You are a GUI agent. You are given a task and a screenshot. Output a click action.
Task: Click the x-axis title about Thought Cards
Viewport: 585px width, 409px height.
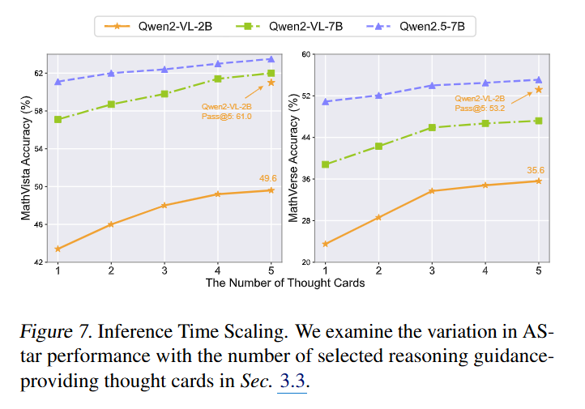(284, 283)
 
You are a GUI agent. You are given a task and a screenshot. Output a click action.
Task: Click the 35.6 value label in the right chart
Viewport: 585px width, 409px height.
(535, 170)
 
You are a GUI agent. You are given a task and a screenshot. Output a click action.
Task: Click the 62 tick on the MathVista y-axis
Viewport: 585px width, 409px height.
(39, 74)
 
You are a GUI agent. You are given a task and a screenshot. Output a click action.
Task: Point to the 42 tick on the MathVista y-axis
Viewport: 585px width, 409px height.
(39, 262)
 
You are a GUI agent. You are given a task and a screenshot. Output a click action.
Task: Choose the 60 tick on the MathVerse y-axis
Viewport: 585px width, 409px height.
(305, 54)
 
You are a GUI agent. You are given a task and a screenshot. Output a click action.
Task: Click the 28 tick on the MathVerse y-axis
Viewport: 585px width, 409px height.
(305, 220)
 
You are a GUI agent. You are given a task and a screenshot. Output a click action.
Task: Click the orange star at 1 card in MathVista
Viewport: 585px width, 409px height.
(58, 249)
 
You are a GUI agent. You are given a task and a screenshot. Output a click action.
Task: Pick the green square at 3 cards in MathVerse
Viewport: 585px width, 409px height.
(432, 127)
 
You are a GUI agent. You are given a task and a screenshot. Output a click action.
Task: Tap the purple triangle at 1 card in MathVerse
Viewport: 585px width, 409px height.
(326, 101)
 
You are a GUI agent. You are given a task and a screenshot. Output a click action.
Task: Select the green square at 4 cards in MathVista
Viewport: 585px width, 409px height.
(218, 79)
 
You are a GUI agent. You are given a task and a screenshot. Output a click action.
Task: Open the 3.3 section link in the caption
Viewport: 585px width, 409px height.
(292, 380)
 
